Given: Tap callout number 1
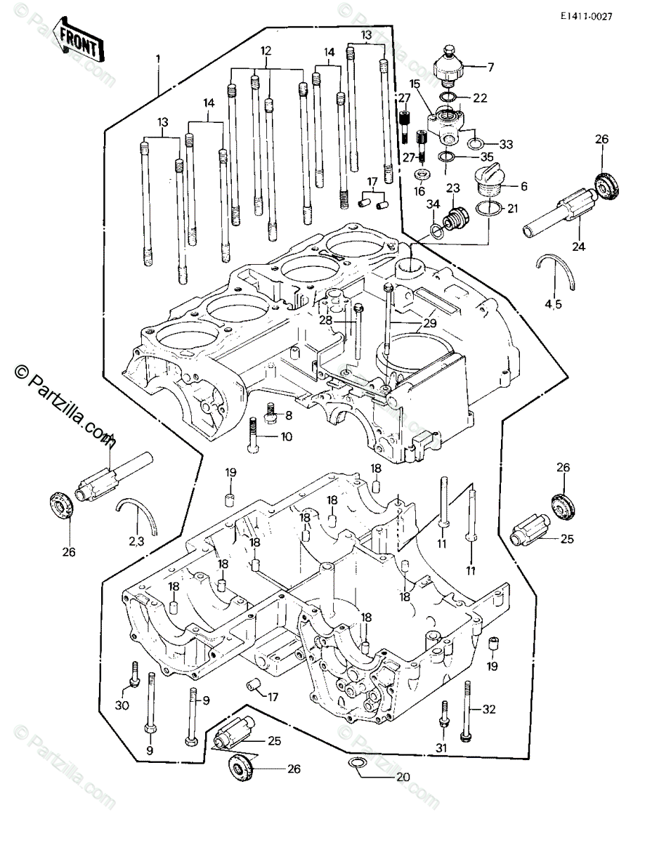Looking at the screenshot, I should [x=159, y=58].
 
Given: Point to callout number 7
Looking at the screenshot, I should [x=490, y=67].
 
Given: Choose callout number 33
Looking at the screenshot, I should [x=505, y=144].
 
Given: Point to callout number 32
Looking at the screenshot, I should [x=489, y=710].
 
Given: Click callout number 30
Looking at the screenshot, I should [x=122, y=705].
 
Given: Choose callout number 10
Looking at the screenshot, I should [x=286, y=436].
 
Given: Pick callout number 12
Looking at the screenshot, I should [x=265, y=51].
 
